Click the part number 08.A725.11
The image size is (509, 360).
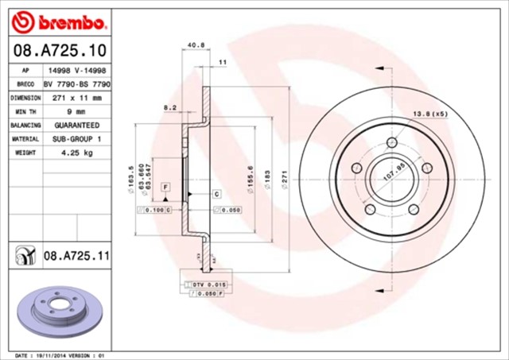tap(76, 255)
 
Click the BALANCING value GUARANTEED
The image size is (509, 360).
tap(77, 125)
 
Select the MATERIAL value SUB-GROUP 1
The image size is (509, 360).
tap(77, 138)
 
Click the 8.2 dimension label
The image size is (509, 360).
tap(169, 106)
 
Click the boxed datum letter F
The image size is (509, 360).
tap(166, 187)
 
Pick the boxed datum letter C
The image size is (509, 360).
tap(216, 194)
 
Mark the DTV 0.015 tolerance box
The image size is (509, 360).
tap(208, 284)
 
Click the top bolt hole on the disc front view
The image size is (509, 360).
tap(390, 143)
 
